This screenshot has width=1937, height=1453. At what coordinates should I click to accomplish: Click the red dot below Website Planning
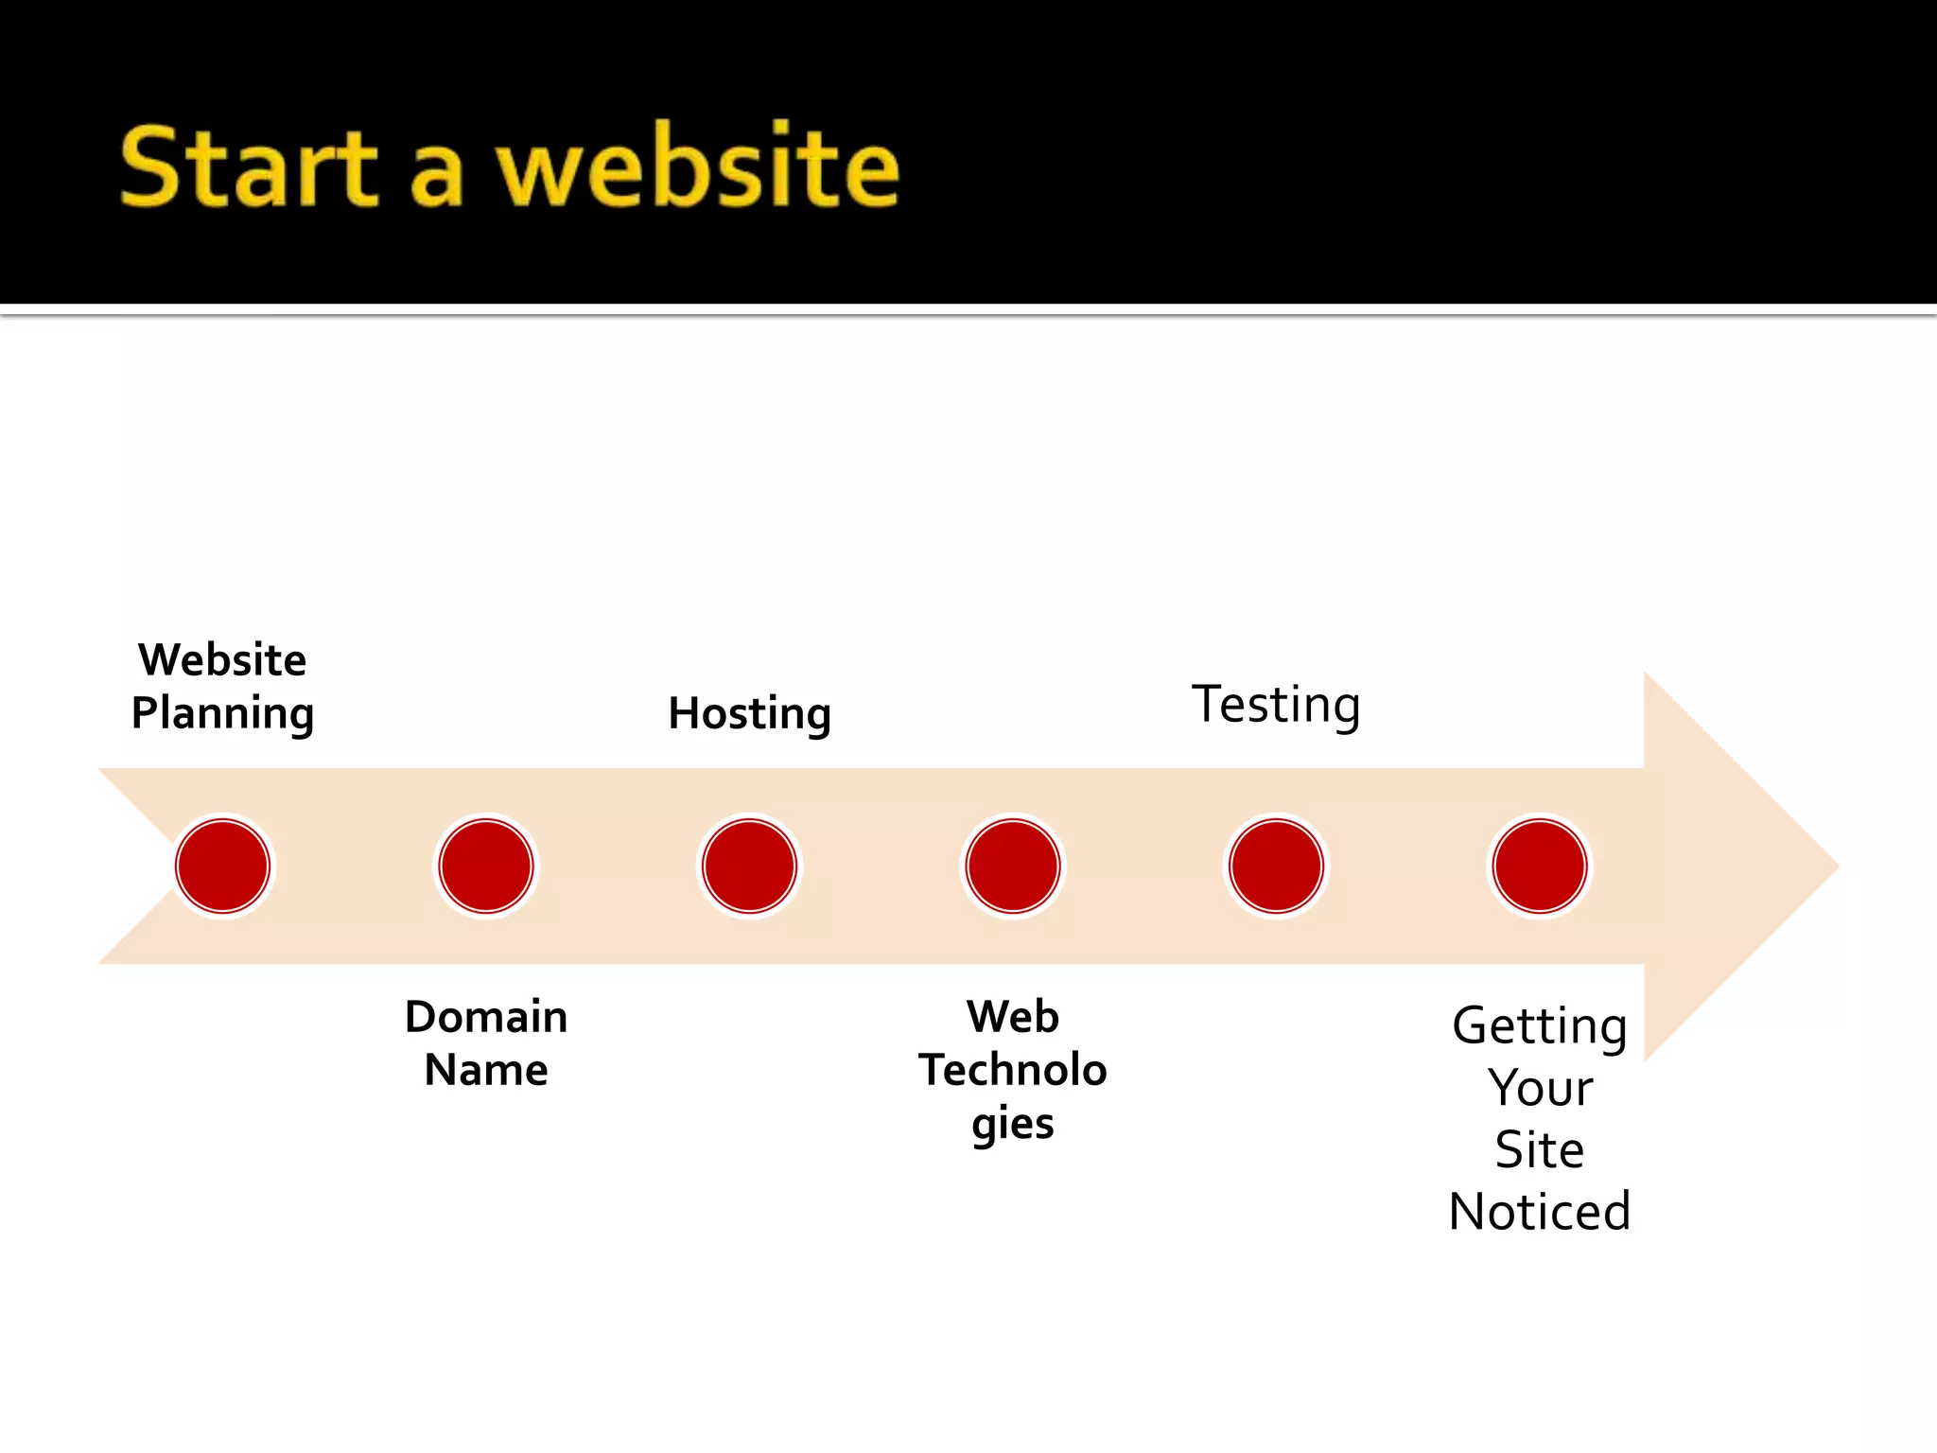[x=223, y=866]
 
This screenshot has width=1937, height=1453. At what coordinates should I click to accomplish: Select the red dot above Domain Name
[x=486, y=866]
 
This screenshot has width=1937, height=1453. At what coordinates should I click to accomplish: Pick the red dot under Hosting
[x=750, y=866]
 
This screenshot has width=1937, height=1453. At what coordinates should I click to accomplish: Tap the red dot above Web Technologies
[x=1013, y=866]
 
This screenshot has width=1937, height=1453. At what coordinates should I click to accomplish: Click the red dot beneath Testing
[x=1276, y=866]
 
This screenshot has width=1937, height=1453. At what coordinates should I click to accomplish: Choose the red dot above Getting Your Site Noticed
[x=1540, y=866]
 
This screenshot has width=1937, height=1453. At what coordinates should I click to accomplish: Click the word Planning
[x=223, y=713]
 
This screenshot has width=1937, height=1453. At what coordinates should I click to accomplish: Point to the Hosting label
[x=750, y=713]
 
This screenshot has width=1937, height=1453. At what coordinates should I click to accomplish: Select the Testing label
[x=1276, y=705]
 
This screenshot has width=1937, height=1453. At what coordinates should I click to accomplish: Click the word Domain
[x=486, y=1017]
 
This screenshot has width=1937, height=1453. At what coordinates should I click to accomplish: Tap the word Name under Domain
[x=486, y=1071]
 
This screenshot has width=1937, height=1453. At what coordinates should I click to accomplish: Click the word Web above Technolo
[x=1013, y=1017]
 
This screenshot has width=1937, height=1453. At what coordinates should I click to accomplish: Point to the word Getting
[x=1540, y=1026]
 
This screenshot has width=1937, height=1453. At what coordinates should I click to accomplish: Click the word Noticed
[x=1540, y=1212]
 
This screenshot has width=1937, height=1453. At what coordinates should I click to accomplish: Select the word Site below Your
[x=1540, y=1150]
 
